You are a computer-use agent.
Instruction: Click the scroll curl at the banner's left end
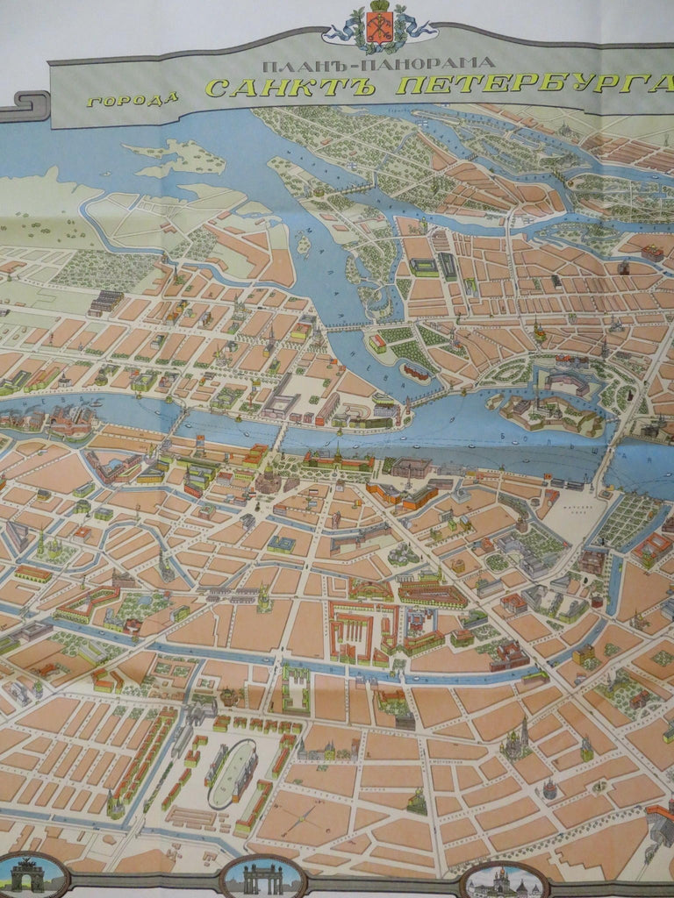(x=24, y=105)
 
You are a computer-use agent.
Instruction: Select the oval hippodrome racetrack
(x=231, y=773)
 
